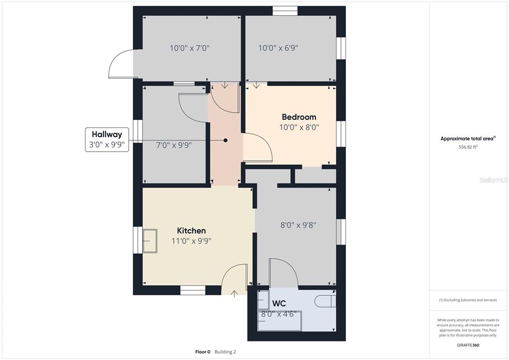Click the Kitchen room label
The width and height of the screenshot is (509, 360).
(x=191, y=231)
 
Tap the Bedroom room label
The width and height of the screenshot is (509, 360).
(x=299, y=117)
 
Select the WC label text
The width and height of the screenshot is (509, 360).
(x=279, y=303)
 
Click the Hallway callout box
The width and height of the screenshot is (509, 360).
(x=107, y=140)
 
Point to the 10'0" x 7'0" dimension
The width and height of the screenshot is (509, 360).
(x=189, y=48)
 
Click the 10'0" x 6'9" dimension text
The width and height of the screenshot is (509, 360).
(x=278, y=48)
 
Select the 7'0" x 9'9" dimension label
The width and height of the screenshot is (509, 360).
(x=173, y=145)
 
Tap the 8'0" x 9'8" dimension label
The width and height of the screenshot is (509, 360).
(x=298, y=225)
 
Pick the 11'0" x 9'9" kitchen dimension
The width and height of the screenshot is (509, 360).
(x=191, y=241)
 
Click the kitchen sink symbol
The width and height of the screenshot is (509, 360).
(x=150, y=241)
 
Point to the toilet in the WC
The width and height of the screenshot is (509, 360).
(x=325, y=301)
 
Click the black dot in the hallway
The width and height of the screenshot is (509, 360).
(x=225, y=140)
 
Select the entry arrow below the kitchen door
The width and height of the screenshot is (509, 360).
(x=234, y=294)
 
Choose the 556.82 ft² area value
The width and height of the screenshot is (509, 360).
(x=468, y=147)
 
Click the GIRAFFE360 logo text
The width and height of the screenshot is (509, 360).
(x=468, y=345)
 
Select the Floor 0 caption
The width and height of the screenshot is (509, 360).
(x=203, y=352)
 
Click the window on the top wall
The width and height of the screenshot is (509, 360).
(x=285, y=11)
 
